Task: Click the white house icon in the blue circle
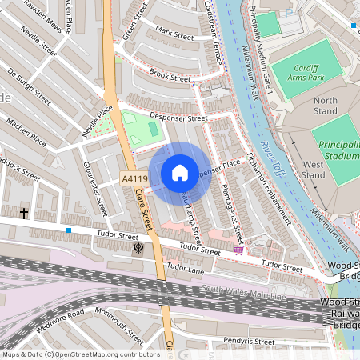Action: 180,172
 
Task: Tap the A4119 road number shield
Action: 135,178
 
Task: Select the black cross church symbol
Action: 25,214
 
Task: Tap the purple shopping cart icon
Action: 238,250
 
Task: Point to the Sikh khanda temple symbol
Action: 138,248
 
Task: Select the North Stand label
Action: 326,106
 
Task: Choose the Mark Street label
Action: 174,35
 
